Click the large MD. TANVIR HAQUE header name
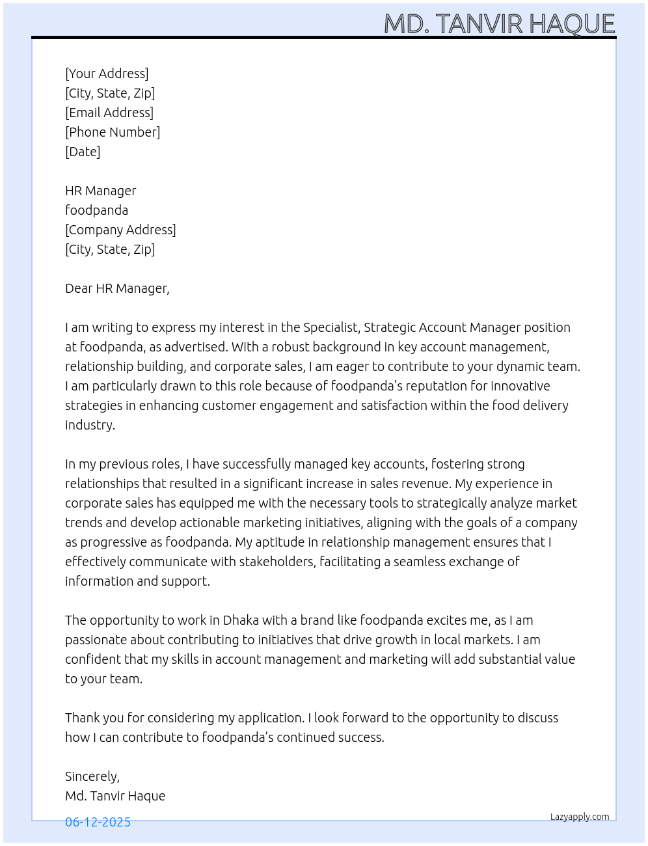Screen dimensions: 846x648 [499, 24]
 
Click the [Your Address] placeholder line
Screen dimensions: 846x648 [107, 74]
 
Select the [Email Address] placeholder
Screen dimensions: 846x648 [109, 113]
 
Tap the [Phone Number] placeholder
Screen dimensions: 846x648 [113, 132]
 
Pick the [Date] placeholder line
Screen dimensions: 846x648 [83, 152]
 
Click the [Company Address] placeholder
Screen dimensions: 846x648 [120, 230]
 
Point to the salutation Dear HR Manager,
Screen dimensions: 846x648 [117, 288]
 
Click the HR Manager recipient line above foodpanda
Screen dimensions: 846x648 [100, 191]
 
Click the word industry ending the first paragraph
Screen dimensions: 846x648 [90, 425]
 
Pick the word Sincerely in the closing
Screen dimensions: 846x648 [92, 776]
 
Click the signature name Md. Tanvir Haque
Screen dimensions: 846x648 [115, 796]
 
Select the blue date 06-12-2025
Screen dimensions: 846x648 [98, 822]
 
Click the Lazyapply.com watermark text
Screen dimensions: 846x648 [580, 817]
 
